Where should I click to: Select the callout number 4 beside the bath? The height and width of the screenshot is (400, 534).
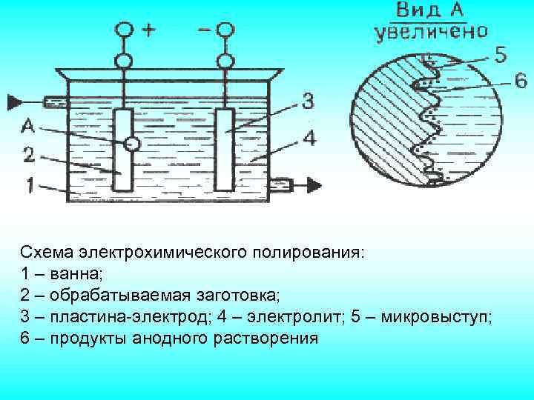(x=309, y=138)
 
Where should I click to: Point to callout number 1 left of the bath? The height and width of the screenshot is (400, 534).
(x=28, y=186)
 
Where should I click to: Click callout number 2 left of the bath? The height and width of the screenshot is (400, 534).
(x=28, y=155)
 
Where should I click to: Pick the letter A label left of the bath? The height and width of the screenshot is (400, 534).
(x=28, y=127)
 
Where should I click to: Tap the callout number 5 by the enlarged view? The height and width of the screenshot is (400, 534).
(x=501, y=53)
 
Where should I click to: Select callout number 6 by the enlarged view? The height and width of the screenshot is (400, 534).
(x=501, y=80)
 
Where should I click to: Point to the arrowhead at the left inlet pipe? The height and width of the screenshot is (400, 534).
(x=16, y=101)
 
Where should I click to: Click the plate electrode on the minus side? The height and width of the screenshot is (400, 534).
(x=224, y=148)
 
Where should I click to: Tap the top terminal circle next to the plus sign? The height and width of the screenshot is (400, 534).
(x=125, y=30)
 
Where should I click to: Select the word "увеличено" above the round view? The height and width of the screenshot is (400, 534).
(x=431, y=32)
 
